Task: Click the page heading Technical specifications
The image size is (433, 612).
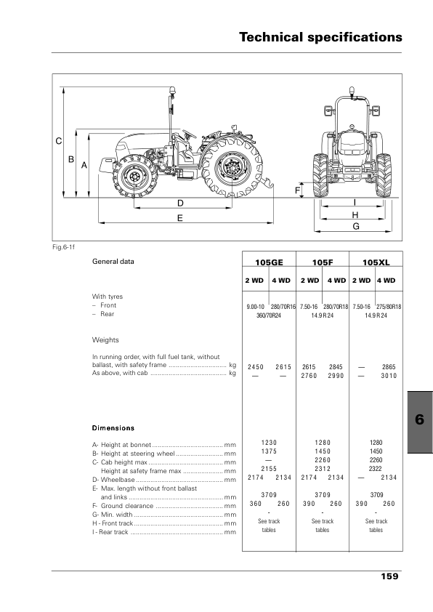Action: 320,37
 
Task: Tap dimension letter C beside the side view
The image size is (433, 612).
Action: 59,141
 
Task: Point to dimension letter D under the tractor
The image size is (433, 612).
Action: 180,203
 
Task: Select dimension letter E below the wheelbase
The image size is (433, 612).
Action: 180,218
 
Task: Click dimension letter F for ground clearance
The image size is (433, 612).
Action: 298,190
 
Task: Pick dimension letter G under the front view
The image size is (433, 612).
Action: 356,226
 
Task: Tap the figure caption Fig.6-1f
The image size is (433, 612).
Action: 64,247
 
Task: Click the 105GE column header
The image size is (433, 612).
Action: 269,262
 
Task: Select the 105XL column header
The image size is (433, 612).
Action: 376,262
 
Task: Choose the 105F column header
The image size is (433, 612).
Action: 323,262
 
